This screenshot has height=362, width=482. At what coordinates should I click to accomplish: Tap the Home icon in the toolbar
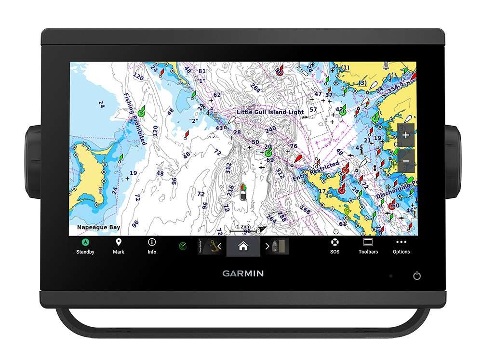(243, 246)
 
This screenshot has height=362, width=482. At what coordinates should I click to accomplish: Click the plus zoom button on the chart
(406, 135)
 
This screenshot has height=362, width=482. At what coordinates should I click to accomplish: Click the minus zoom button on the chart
(406, 161)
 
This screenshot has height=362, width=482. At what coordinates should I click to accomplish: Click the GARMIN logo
(243, 273)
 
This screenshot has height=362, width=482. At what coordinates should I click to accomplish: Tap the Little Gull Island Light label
(270, 112)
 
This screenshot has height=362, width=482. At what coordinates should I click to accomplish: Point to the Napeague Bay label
(99, 227)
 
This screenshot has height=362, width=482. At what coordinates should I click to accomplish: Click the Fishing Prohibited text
(134, 118)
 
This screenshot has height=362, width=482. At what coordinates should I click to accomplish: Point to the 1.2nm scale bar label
(243, 226)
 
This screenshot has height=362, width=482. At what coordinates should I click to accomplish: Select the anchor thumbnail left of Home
(208, 246)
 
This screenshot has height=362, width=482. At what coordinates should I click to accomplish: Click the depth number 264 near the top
(255, 89)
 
